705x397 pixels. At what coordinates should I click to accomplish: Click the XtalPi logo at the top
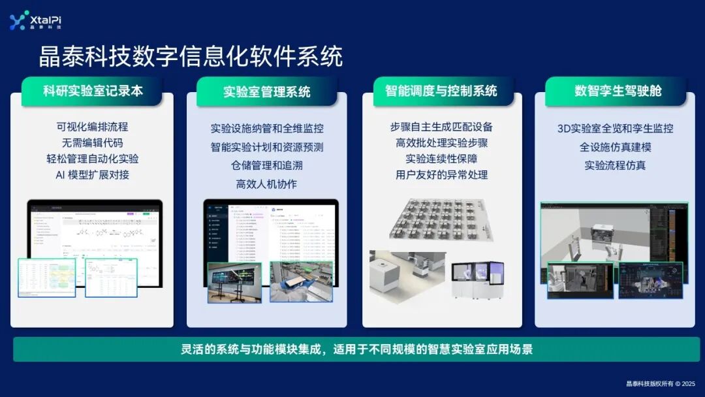click(x=36, y=20)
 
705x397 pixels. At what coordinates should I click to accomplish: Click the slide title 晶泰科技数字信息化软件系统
click(x=191, y=57)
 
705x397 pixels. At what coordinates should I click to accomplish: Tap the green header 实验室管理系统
click(x=266, y=91)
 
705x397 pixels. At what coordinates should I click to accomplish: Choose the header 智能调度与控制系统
click(x=441, y=91)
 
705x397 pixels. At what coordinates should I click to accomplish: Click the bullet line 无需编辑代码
click(x=92, y=142)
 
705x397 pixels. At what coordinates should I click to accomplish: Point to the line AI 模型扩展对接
click(x=92, y=174)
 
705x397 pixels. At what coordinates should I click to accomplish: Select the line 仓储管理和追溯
click(x=266, y=165)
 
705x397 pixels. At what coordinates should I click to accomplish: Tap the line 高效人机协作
click(x=266, y=184)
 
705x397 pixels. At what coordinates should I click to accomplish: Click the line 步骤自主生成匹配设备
click(x=441, y=127)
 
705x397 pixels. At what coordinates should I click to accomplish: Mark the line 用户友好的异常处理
click(x=441, y=174)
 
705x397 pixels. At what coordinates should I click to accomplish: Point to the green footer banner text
click(x=356, y=349)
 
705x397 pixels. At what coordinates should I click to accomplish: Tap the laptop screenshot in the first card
click(x=95, y=229)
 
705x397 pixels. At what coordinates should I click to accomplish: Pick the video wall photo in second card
click(x=234, y=282)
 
